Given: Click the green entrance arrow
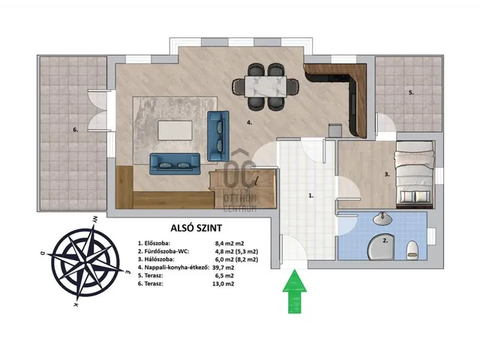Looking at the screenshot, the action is point(295,292).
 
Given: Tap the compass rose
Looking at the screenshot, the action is point(86,262).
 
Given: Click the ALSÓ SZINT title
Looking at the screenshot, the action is point(196,228).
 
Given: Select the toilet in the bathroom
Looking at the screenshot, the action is point(412,249).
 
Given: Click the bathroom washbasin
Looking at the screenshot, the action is point(382,218).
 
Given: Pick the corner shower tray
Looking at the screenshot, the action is point(381,247).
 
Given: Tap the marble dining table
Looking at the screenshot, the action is point(265,87).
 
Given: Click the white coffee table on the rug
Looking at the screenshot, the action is point(175,130).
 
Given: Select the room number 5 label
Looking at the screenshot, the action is point(411,93).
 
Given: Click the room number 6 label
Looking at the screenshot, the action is point(75,130).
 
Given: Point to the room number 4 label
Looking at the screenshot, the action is point(249,122).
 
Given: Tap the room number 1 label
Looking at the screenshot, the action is point(310,195).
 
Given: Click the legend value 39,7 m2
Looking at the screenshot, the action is point(223,268).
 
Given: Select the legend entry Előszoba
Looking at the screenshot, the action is point(154,244).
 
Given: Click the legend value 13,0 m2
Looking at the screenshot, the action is point(223,283).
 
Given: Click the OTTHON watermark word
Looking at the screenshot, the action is point(240,199).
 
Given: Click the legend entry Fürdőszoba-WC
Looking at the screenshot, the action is point(163,252).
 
